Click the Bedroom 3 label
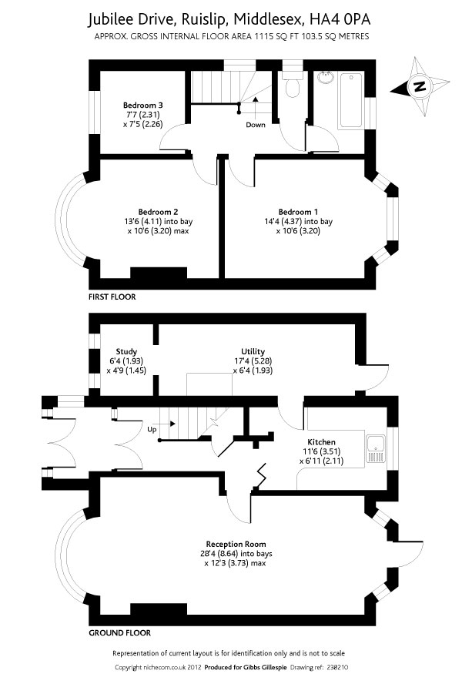tap(143, 105)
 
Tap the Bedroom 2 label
tap(159, 212)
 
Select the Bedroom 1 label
tap(298, 212)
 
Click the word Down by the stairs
tap(256, 124)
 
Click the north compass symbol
tap(420, 87)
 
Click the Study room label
tap(126, 351)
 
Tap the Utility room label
tap(253, 351)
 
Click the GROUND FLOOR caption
tap(120, 632)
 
